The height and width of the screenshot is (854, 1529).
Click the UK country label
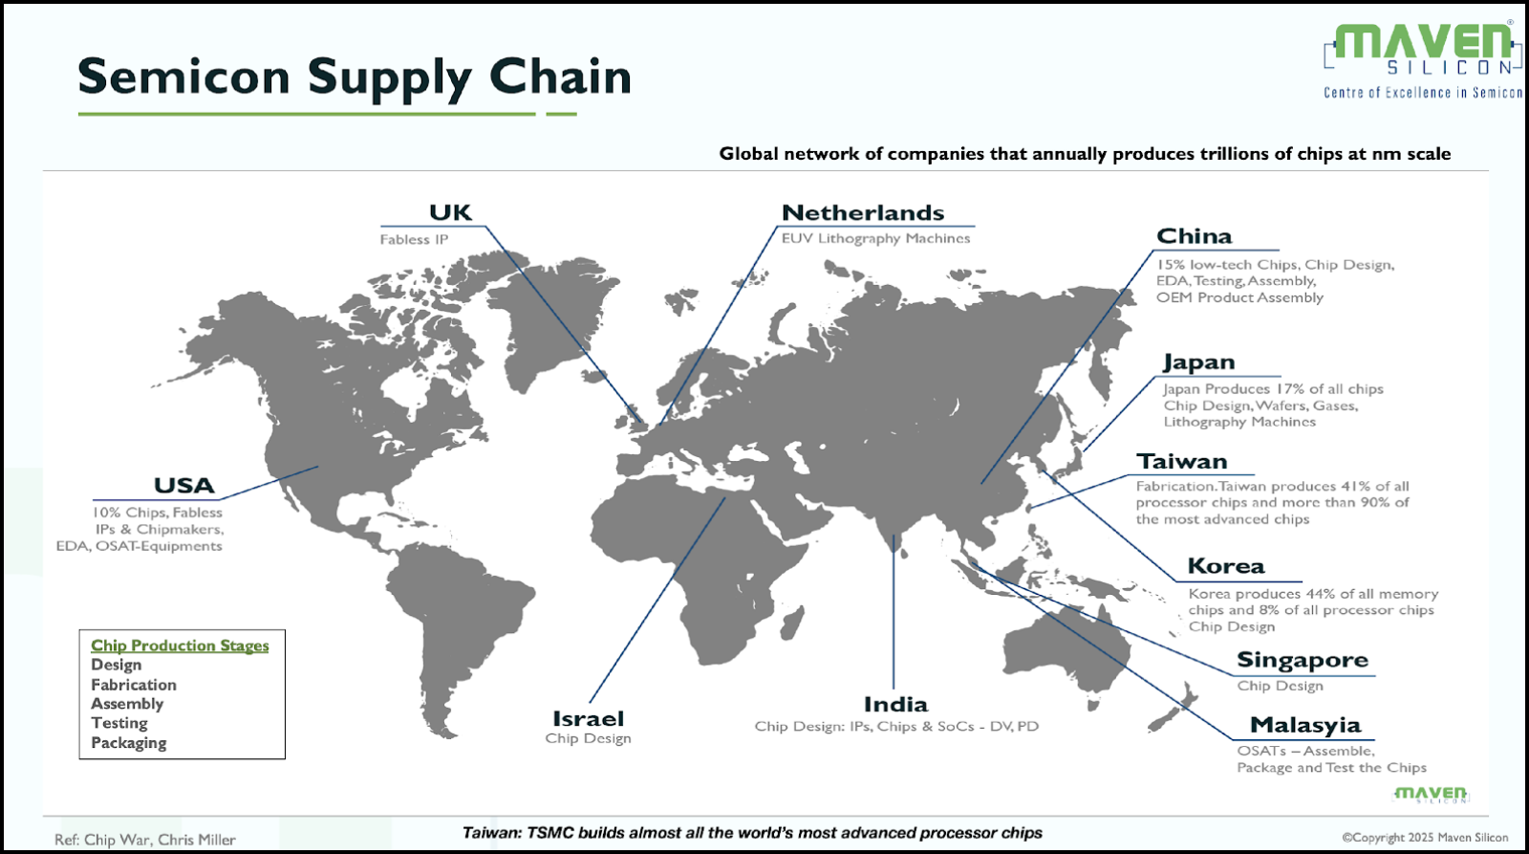tap(450, 212)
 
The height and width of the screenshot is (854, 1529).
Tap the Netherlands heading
tap(863, 212)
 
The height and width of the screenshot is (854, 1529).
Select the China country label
tap(1194, 236)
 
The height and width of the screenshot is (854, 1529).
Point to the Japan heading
tap(1199, 362)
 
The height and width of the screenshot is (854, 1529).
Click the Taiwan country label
tap(1181, 462)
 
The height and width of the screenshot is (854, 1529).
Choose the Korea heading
tap(1226, 566)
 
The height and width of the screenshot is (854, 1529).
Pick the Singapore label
tap(1303, 661)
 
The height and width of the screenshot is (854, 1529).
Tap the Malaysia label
tap(1305, 726)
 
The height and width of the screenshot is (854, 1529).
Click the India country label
tap(895, 705)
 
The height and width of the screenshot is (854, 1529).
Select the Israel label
tap(588, 719)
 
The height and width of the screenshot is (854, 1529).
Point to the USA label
tap(184, 486)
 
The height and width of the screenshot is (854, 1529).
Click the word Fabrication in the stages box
tap(134, 685)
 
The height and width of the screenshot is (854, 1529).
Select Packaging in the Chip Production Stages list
tap(129, 743)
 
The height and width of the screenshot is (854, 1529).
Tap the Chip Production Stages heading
tap(181, 646)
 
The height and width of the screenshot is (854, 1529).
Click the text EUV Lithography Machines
tap(875, 238)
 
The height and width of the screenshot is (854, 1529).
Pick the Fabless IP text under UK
tap(415, 240)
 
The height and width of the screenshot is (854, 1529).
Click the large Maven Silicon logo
tap(1423, 60)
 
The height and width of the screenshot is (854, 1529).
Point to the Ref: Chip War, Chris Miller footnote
tap(145, 840)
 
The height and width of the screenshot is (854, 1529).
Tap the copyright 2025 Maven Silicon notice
tap(1425, 838)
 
